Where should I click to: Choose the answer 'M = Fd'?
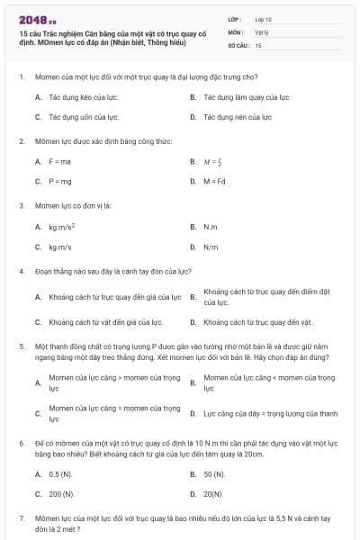pos(218,181)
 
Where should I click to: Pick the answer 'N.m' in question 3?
pos(211,227)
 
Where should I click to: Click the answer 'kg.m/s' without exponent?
pos(61,247)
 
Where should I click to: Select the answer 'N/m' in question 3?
pos(211,247)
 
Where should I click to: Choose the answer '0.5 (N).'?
pos(60,473)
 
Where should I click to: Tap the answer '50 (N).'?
pos(214,473)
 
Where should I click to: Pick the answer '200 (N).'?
pos(61,494)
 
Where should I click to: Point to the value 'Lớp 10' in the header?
pos(264,18)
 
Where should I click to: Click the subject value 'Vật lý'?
pos(262,31)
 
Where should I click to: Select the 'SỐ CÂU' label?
pos(238,44)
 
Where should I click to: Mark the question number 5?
pos(21,345)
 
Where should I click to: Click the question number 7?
pos(21,519)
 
